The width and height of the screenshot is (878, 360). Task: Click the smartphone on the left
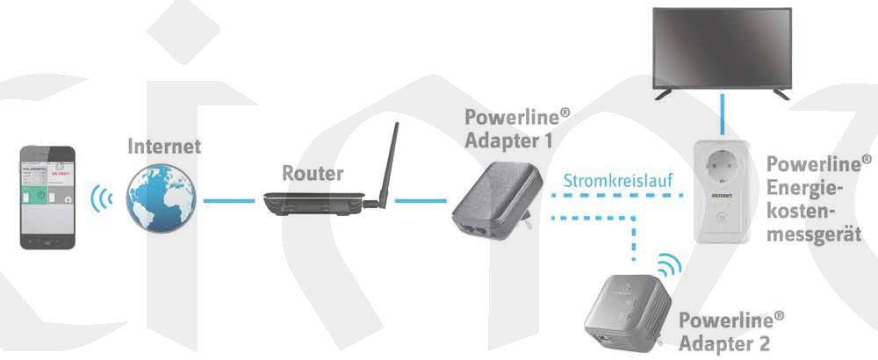[49, 197]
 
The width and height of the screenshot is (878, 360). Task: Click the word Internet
[164, 146]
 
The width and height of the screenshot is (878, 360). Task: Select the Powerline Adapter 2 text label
[730, 330]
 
